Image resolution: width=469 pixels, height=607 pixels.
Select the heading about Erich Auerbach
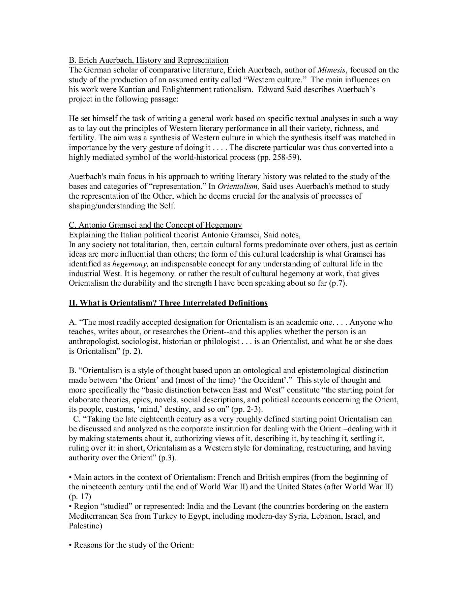[x=148, y=60]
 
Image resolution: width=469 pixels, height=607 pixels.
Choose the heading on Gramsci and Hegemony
[x=155, y=225]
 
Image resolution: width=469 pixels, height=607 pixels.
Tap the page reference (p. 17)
[x=80, y=497]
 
